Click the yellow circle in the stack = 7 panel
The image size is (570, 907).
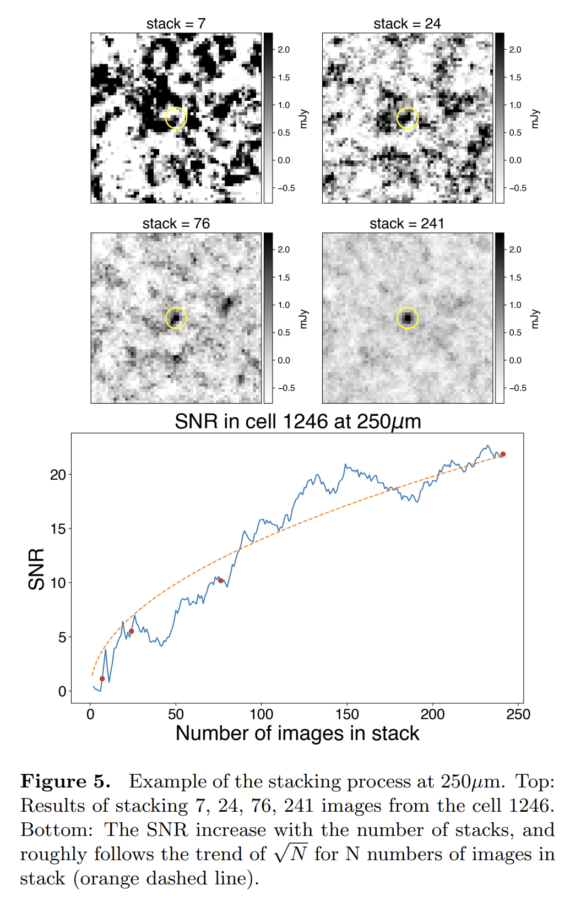click(x=176, y=118)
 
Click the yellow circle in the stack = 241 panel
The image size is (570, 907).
click(x=408, y=318)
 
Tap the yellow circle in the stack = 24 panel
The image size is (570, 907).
click(x=408, y=118)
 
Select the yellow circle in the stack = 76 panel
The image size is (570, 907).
click(x=176, y=318)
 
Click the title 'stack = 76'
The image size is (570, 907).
click(x=176, y=224)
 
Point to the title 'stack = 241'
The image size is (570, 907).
click(x=407, y=224)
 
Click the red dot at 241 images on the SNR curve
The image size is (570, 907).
click(x=503, y=454)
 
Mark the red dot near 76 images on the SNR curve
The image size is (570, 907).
click(x=221, y=580)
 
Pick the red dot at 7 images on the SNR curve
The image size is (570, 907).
click(x=102, y=678)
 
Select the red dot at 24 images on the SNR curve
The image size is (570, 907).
click(x=131, y=631)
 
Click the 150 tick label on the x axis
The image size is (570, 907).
click(x=347, y=714)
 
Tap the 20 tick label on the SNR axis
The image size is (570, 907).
click(x=58, y=475)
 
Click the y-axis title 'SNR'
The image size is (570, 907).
click(x=36, y=569)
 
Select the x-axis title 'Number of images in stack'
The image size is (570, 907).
click(x=297, y=734)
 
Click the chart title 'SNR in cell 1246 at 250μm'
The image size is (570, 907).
click(x=297, y=422)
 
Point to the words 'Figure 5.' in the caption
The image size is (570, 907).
click(x=66, y=781)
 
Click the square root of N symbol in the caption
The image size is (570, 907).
click(x=291, y=854)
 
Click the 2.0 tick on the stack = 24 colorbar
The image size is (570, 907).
click(x=515, y=50)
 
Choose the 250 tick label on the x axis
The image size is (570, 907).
click(x=518, y=714)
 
